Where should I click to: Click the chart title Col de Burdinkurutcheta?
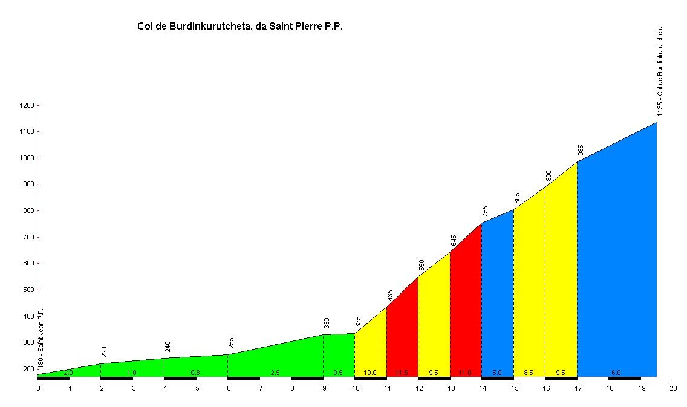pyautogui.click(x=240, y=27)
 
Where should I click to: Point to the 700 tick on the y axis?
pyautogui.click(x=28, y=238)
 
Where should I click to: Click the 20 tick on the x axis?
pyautogui.click(x=672, y=388)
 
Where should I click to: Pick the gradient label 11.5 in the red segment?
pyautogui.click(x=402, y=373)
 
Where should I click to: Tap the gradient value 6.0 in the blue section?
pyautogui.click(x=616, y=373)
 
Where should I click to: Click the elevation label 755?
pyautogui.click(x=485, y=211)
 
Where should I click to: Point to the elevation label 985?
pyautogui.click(x=581, y=150)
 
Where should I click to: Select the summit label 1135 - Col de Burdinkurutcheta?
pyautogui.click(x=660, y=71)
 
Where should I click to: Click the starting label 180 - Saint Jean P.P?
pyautogui.click(x=41, y=339)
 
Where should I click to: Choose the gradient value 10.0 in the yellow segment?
pyautogui.click(x=370, y=373)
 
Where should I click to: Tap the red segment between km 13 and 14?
pyautogui.click(x=466, y=314)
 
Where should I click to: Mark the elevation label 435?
pyautogui.click(x=390, y=295)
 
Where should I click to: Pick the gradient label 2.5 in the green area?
pyautogui.click(x=275, y=373)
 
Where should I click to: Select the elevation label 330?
pyautogui.click(x=327, y=323)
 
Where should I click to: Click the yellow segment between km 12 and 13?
pyautogui.click(x=434, y=327)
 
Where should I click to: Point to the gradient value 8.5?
pyautogui.click(x=529, y=373)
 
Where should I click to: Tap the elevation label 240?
pyautogui.click(x=168, y=347)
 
